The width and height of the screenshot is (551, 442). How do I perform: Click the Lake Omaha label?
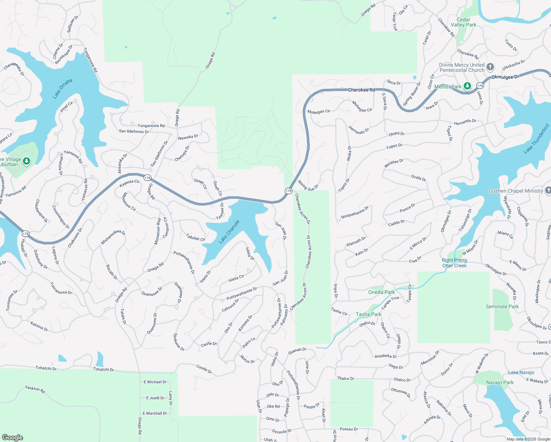tap(63, 89)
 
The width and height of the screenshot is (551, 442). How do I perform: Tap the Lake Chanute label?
tap(229, 232)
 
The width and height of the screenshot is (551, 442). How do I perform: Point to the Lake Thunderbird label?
tap(536, 138)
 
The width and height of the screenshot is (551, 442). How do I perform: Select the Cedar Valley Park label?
tap(463, 22)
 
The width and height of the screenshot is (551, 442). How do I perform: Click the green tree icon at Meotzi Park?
tap(467, 86)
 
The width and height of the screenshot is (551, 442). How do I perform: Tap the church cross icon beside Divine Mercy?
tap(490, 67)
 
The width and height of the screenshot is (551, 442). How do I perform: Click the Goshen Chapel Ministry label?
tap(516, 191)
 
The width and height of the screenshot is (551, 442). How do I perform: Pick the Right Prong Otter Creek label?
tap(454, 263)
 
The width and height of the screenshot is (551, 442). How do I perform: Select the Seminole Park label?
tap(502, 306)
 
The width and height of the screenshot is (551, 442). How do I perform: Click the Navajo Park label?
tap(499, 382)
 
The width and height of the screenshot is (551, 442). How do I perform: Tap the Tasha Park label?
tap(368, 314)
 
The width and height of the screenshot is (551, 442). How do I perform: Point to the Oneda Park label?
tap(381, 292)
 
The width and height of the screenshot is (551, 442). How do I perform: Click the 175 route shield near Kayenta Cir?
tap(147, 178)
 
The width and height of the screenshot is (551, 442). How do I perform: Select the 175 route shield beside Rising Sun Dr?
tap(288, 191)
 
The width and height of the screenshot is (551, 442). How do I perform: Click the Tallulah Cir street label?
tap(195, 238)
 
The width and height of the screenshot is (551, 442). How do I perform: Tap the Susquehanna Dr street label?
tap(355, 213)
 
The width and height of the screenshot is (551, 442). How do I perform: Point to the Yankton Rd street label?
tap(35, 389)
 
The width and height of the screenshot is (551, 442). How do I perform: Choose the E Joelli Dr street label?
tap(155, 398)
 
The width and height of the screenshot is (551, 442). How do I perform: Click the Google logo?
tap(12, 437)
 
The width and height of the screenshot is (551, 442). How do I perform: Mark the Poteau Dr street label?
tap(348, 429)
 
